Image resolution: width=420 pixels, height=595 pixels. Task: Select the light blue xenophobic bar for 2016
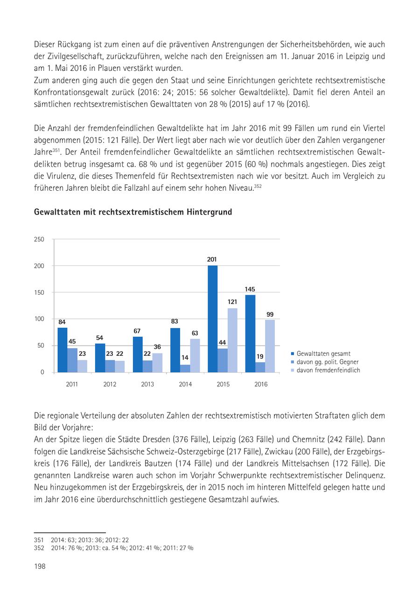point(270,346)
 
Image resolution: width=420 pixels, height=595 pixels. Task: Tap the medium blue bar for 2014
point(185,368)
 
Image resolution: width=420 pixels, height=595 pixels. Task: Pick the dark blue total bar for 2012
point(100,358)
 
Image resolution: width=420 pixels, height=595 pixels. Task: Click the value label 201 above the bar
point(212,259)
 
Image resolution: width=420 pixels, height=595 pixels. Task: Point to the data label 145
point(250,289)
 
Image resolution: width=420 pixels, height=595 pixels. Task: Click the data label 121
point(232,302)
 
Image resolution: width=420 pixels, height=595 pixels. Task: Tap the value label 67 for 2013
point(137,331)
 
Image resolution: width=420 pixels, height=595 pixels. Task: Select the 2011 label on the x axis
point(72,385)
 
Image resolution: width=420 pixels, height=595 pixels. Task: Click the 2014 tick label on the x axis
point(185,385)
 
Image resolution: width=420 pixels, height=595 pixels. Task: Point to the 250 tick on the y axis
point(39,239)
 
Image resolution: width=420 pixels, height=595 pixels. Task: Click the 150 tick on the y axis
point(39,292)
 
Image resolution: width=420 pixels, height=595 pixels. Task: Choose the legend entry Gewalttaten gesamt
point(323,353)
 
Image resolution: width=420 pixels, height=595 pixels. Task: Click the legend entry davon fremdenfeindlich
point(328,370)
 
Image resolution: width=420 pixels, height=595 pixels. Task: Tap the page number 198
point(40,566)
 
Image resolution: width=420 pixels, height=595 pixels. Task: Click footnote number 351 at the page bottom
point(38,540)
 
